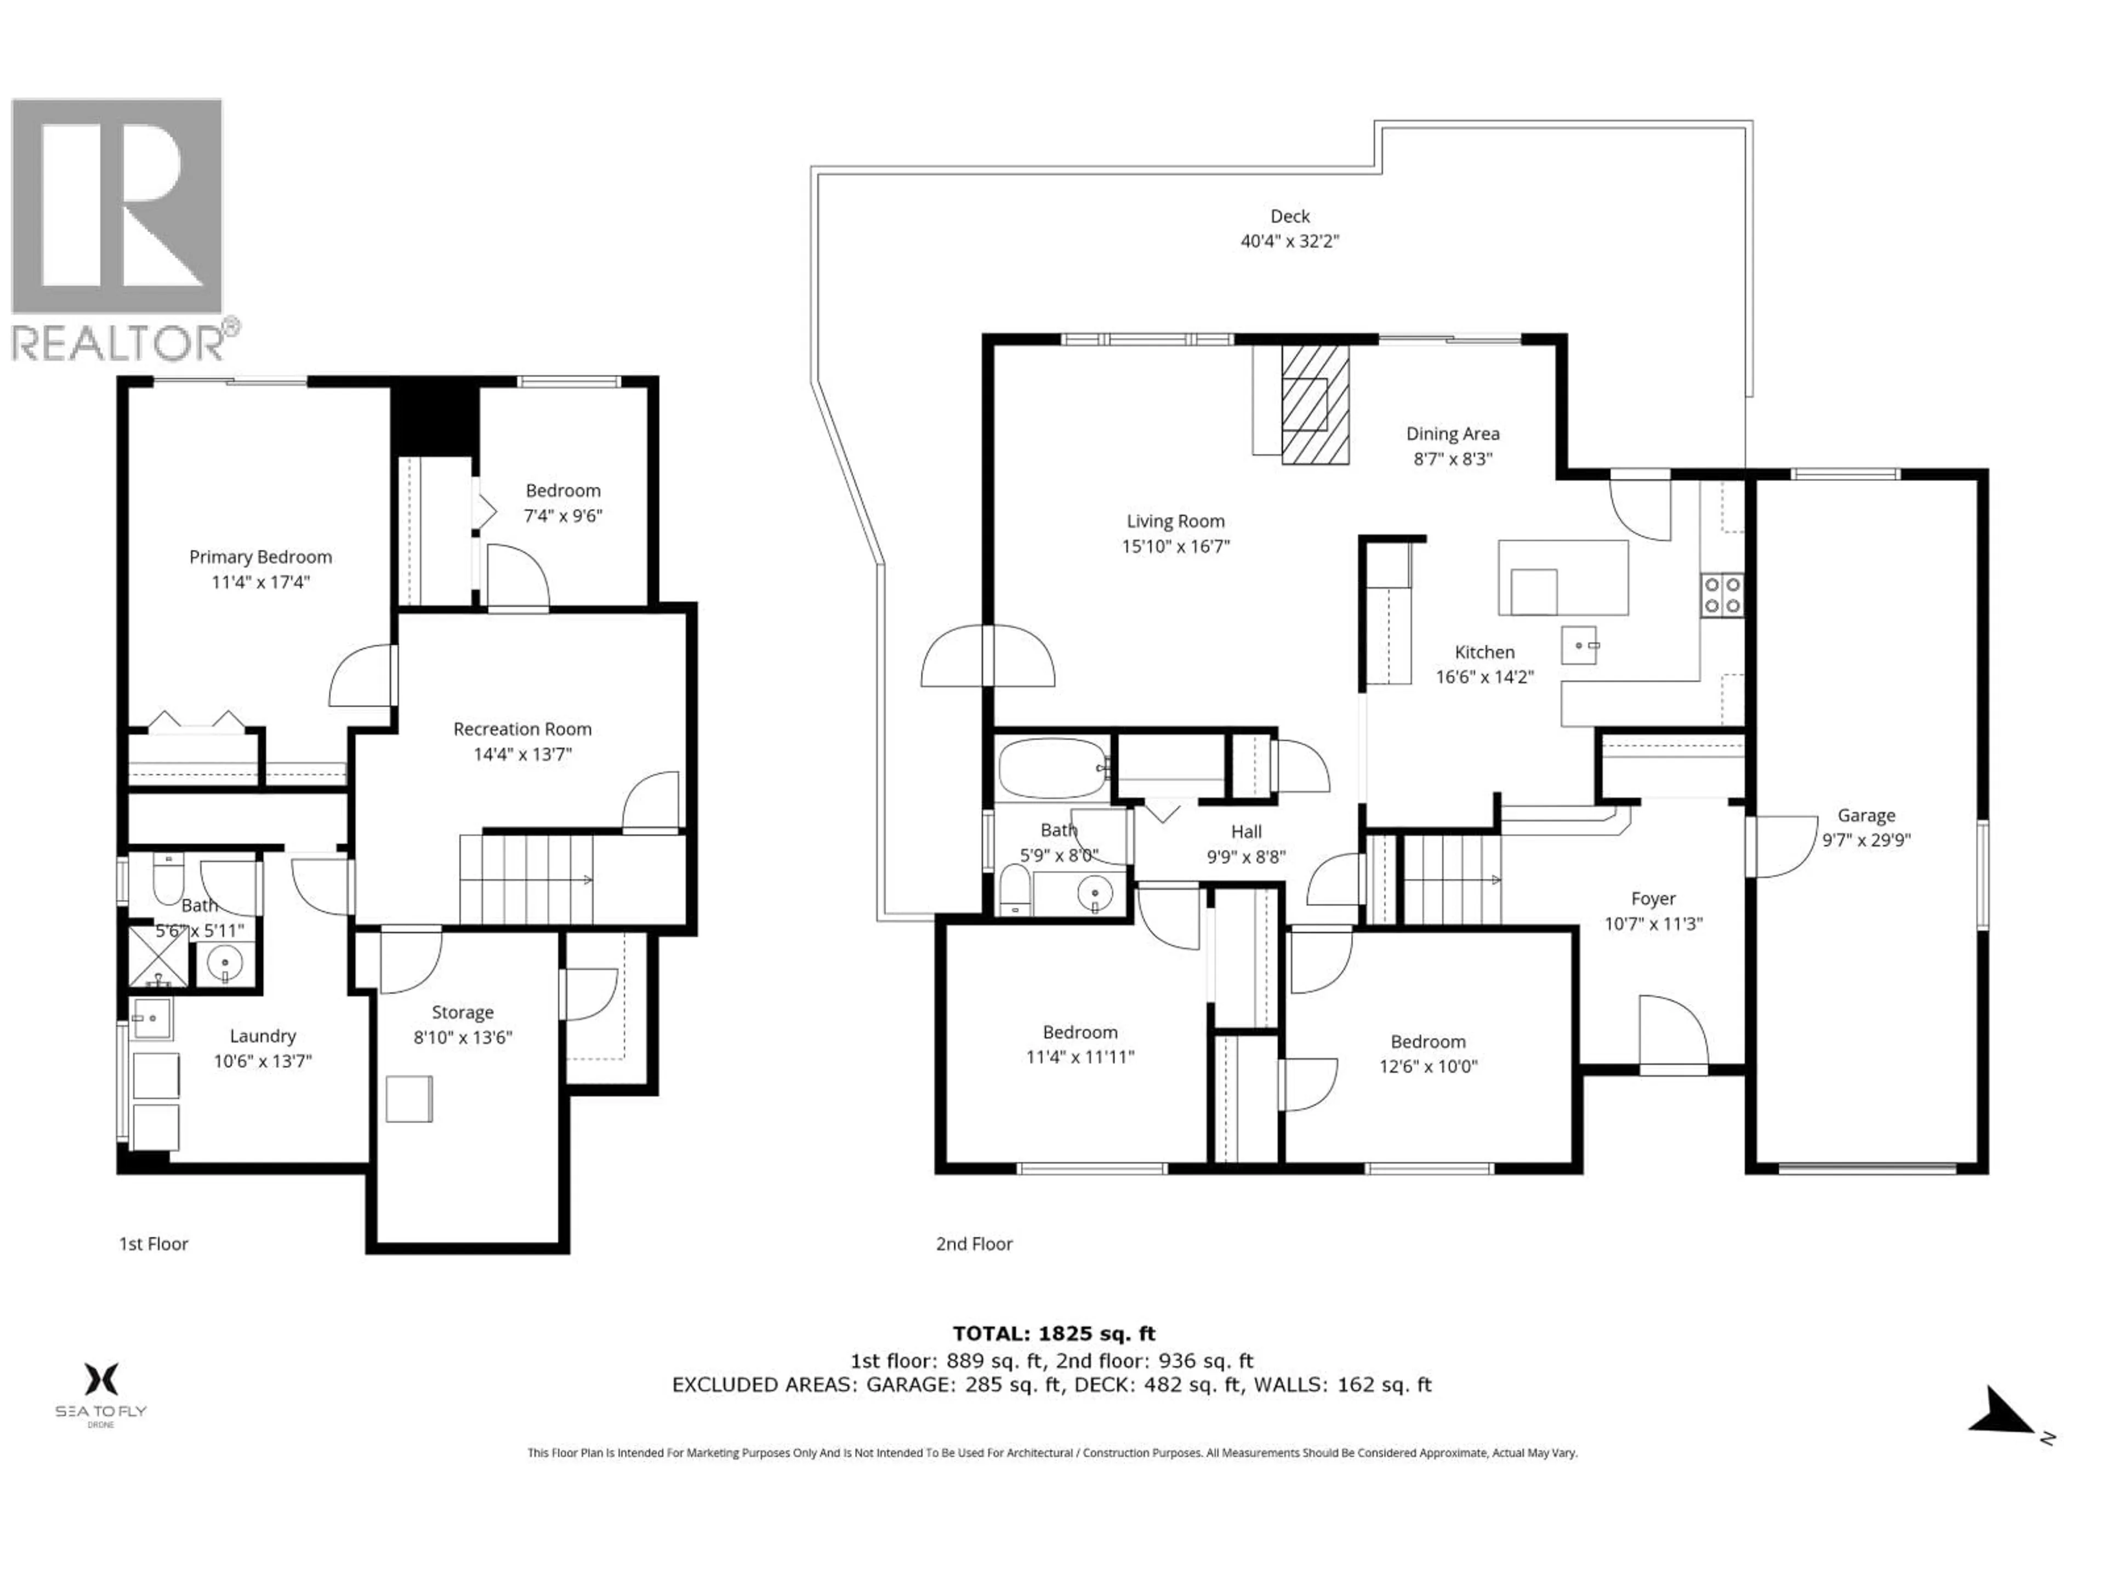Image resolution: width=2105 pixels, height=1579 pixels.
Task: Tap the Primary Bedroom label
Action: pos(260,557)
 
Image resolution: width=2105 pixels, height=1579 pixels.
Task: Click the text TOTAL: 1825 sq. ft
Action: pos(1054,1333)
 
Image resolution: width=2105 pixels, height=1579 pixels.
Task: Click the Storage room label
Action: pos(463,1012)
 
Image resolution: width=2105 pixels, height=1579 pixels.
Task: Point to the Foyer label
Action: pos(1653,899)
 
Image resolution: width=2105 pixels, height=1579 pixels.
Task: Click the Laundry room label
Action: pos(263,1036)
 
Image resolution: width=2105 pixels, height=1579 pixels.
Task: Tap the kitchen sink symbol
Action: pos(1580,645)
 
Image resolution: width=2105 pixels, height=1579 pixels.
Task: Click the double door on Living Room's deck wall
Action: pos(988,656)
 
